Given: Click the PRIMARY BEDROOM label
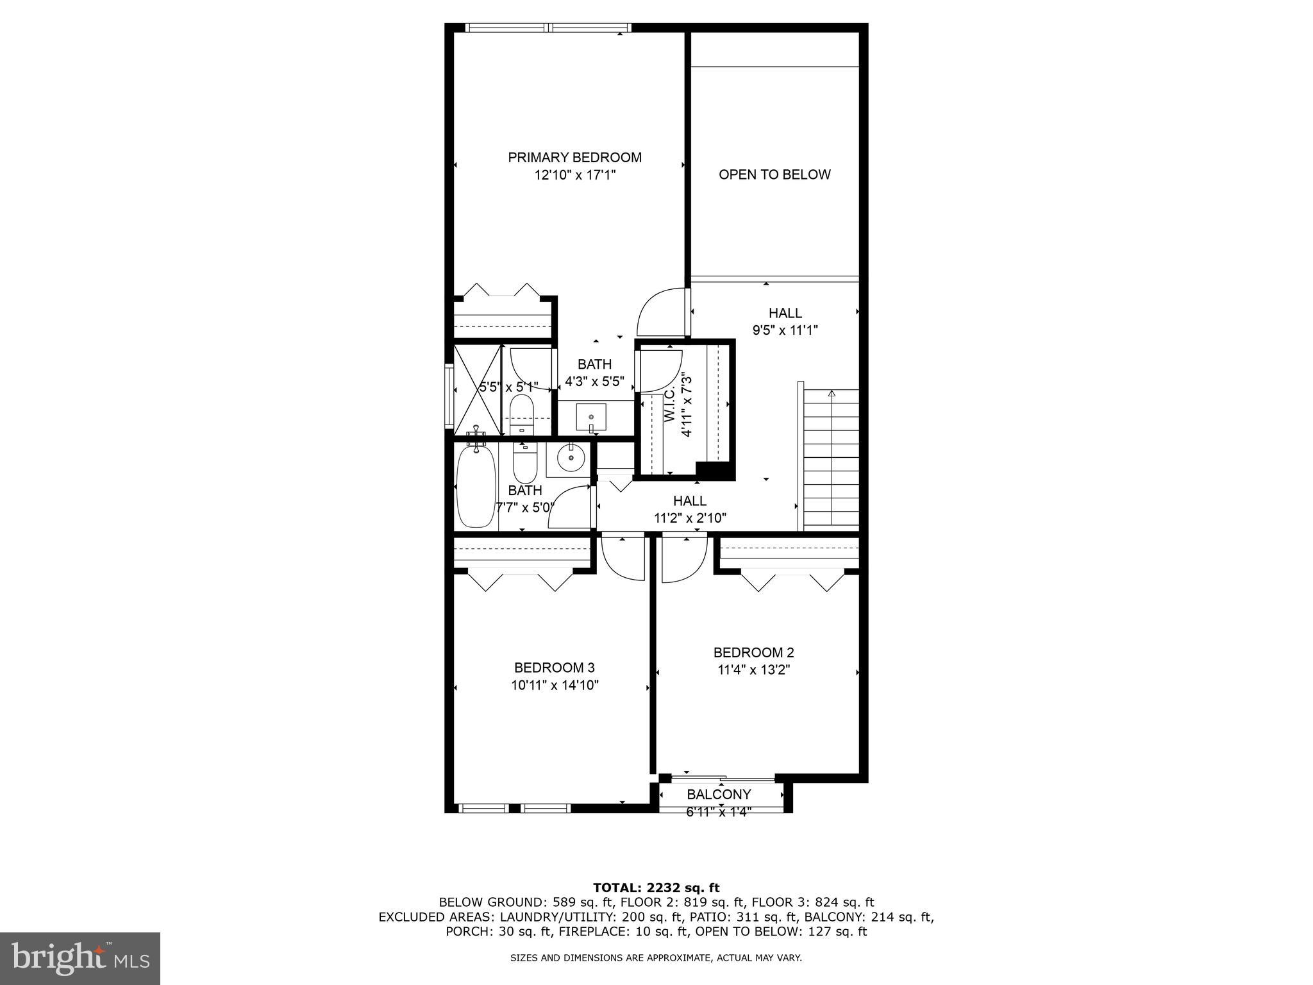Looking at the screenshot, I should pyautogui.click(x=574, y=157).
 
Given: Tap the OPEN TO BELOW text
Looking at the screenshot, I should pyautogui.click(x=774, y=174).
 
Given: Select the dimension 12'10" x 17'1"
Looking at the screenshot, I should pyautogui.click(x=574, y=175).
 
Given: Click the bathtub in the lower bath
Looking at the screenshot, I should pyautogui.click(x=475, y=485).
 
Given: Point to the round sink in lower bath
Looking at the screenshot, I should pyautogui.click(x=571, y=459).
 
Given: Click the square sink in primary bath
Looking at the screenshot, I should pyautogui.click(x=590, y=417).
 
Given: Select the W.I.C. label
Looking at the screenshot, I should pyautogui.click(x=670, y=405).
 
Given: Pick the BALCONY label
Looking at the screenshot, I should pyautogui.click(x=719, y=795).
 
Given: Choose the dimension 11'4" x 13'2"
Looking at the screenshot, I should pyautogui.click(x=753, y=670).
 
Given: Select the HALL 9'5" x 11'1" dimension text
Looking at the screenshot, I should pyautogui.click(x=785, y=330).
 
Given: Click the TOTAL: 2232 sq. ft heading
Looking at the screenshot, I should pyautogui.click(x=656, y=888).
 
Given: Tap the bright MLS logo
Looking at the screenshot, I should pyautogui.click(x=80, y=958).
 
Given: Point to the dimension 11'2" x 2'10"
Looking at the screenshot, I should pyautogui.click(x=690, y=518).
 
